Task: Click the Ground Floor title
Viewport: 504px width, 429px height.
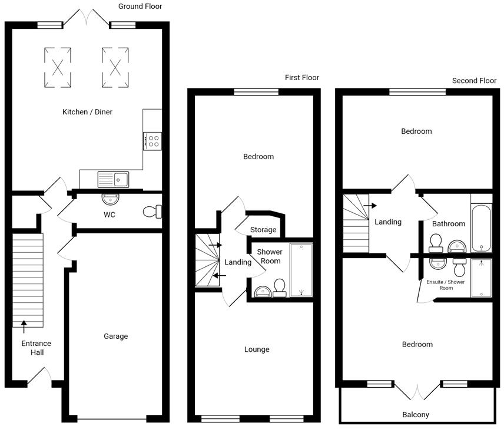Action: pyautogui.click(x=140, y=6)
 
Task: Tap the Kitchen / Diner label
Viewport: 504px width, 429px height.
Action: pyautogui.click(x=87, y=112)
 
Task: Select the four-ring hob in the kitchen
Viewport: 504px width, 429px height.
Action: pyautogui.click(x=152, y=141)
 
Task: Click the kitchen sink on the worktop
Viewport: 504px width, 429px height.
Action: pyautogui.click(x=113, y=178)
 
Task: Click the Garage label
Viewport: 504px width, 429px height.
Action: pyautogui.click(x=116, y=336)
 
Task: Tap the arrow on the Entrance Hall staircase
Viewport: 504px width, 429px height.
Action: pyautogui.click(x=24, y=322)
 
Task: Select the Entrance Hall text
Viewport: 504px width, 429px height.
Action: pyautogui.click(x=36, y=348)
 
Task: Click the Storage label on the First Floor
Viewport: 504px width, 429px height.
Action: pyautogui.click(x=263, y=230)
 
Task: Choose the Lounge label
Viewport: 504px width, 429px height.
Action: pyautogui.click(x=257, y=349)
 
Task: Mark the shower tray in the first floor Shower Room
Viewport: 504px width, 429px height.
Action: pyautogui.click(x=300, y=269)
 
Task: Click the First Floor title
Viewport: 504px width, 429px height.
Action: pyautogui.click(x=301, y=78)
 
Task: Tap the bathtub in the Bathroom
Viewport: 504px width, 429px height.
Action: pyautogui.click(x=481, y=229)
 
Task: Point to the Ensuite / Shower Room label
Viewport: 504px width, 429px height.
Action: pyautogui.click(x=446, y=285)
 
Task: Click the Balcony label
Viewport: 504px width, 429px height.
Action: pyautogui.click(x=416, y=414)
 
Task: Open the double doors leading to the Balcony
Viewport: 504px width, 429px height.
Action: pyautogui.click(x=416, y=391)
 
